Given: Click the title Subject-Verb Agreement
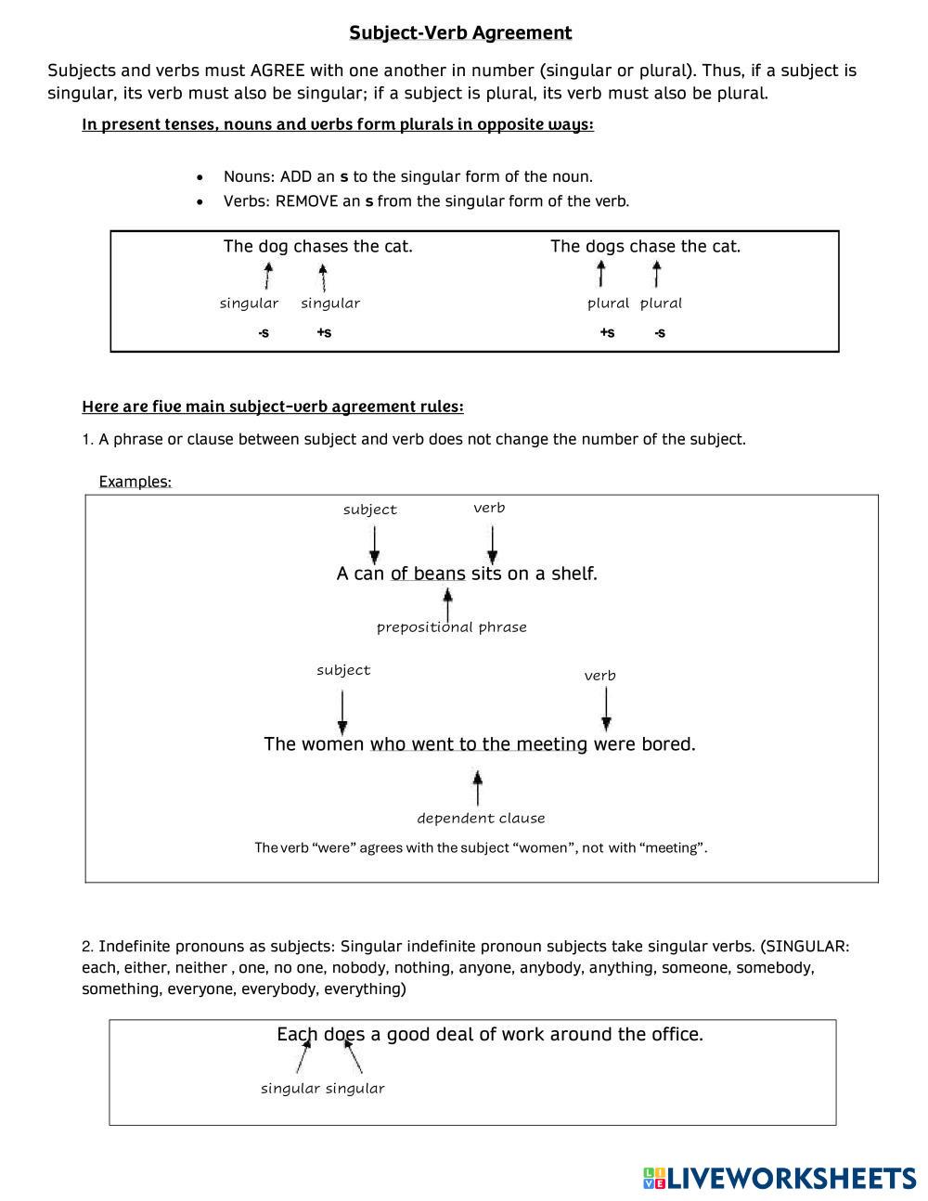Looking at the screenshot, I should point(460,33).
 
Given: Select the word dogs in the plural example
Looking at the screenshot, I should point(604,246).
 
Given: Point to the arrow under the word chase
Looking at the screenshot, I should point(657,274).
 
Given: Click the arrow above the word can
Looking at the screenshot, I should point(374,544).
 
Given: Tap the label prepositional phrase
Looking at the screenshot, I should point(452,627).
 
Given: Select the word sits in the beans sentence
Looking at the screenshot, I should point(486,574).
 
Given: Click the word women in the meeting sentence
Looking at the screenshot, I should point(333,744).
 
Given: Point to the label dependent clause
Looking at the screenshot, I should point(481,819).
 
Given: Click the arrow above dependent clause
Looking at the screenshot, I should point(478,788).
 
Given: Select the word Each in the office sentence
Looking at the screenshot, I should point(297,1034).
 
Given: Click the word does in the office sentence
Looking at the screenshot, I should point(344,1034).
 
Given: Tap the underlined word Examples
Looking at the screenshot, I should point(135,482).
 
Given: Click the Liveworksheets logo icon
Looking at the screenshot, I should point(654,1178).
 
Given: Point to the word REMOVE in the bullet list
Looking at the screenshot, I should point(306,201).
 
